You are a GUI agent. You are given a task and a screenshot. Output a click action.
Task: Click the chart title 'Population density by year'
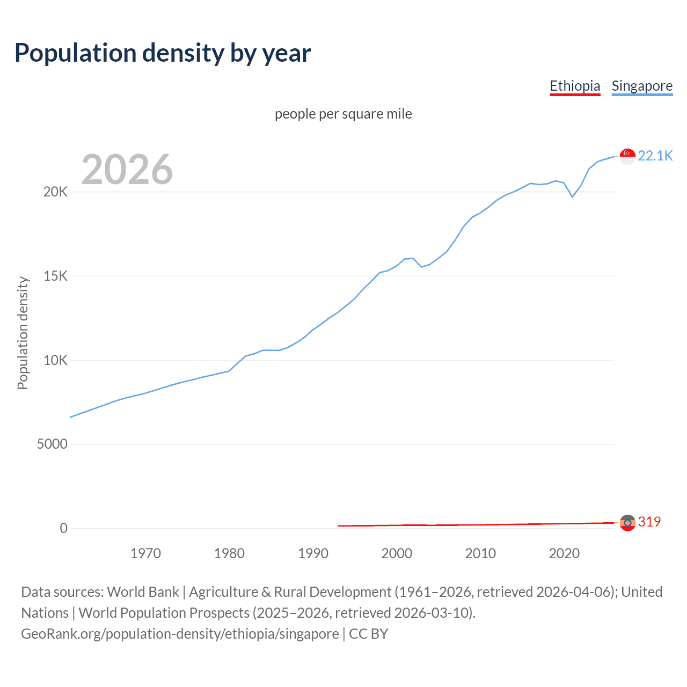(163, 53)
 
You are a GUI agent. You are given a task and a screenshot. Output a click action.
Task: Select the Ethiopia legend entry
(575, 86)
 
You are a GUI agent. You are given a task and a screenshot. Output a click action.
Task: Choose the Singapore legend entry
(642, 86)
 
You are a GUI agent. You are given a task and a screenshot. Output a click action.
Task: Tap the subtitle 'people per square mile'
(343, 114)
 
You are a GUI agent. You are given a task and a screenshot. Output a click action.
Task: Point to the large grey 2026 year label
(127, 170)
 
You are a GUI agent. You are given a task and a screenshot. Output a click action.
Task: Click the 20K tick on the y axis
(55, 192)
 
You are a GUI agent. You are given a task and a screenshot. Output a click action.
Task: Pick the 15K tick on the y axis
(55, 276)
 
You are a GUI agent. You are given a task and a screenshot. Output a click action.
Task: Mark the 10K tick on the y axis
(55, 360)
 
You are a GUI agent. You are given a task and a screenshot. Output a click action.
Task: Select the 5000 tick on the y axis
(52, 444)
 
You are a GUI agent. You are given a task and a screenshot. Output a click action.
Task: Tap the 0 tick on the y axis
(64, 529)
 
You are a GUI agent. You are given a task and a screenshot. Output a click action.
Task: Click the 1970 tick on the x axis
(145, 553)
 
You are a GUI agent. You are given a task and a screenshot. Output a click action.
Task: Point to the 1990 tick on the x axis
(313, 553)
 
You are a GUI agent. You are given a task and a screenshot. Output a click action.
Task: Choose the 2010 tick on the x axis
(480, 553)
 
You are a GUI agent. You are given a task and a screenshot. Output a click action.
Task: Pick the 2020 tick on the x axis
(564, 553)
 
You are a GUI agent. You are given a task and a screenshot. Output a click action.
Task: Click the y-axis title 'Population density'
(23, 333)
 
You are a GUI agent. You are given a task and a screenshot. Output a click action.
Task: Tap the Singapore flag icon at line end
(627, 156)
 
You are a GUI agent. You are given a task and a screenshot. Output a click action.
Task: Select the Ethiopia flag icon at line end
(627, 522)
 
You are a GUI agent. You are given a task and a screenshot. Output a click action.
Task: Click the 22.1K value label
(655, 156)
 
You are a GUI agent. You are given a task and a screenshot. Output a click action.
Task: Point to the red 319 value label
(649, 522)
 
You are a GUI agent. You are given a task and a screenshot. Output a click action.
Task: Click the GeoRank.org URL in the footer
(180, 634)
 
